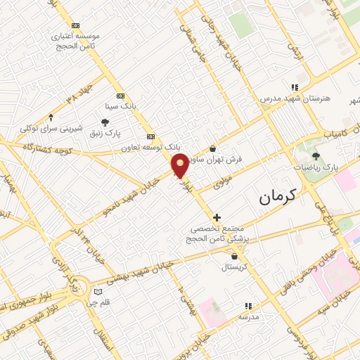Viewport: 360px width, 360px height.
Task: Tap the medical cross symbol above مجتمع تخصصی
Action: tap(217, 217)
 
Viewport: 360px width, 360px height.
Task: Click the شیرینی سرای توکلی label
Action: tap(51, 129)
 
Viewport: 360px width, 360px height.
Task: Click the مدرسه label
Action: tap(248, 317)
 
